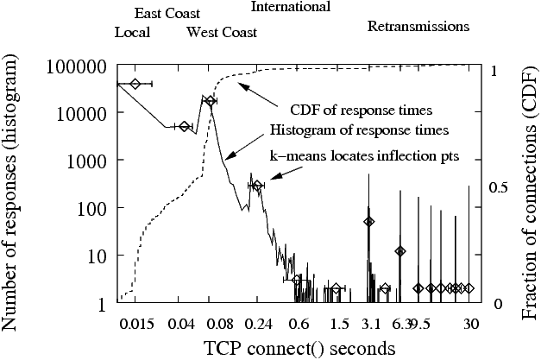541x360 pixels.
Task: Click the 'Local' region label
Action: click(x=132, y=33)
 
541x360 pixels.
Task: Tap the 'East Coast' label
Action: click(x=167, y=14)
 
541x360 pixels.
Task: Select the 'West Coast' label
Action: click(x=222, y=33)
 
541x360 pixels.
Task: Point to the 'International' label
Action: click(x=290, y=7)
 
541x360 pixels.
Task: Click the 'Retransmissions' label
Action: click(x=418, y=26)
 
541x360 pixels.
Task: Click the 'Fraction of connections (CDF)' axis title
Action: click(x=529, y=185)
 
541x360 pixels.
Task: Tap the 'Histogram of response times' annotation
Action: click(x=359, y=131)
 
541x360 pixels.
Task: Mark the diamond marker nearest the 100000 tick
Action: click(x=135, y=84)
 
